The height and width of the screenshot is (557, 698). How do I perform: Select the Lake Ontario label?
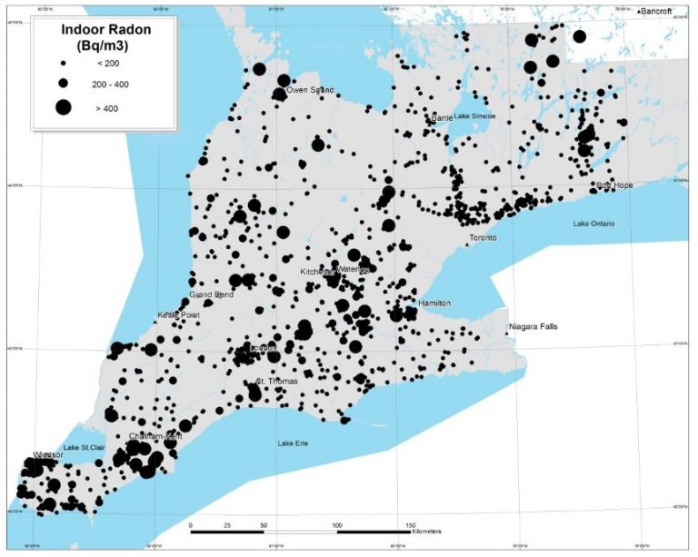click(594, 224)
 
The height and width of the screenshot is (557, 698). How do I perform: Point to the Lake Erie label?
click(295, 443)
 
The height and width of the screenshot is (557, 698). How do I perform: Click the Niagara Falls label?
click(533, 326)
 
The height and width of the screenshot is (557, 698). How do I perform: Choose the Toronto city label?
click(484, 238)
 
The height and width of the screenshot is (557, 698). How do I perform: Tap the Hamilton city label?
click(435, 303)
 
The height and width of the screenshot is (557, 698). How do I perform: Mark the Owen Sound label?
click(310, 90)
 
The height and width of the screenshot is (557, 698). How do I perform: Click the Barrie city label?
click(443, 118)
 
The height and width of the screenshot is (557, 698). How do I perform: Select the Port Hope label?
click(614, 185)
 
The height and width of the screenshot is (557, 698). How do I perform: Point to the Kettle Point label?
click(178, 314)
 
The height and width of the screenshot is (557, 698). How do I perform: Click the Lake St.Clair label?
click(85, 448)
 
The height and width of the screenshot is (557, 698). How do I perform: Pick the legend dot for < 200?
click(63, 64)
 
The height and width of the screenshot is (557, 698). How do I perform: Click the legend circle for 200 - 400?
click(63, 84)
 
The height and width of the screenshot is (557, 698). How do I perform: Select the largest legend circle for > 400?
click(63, 107)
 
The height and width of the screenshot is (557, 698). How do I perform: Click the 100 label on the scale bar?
click(337, 525)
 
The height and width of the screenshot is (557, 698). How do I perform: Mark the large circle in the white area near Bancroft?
click(579, 37)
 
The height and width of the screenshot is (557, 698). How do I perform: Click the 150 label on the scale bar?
click(410, 525)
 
